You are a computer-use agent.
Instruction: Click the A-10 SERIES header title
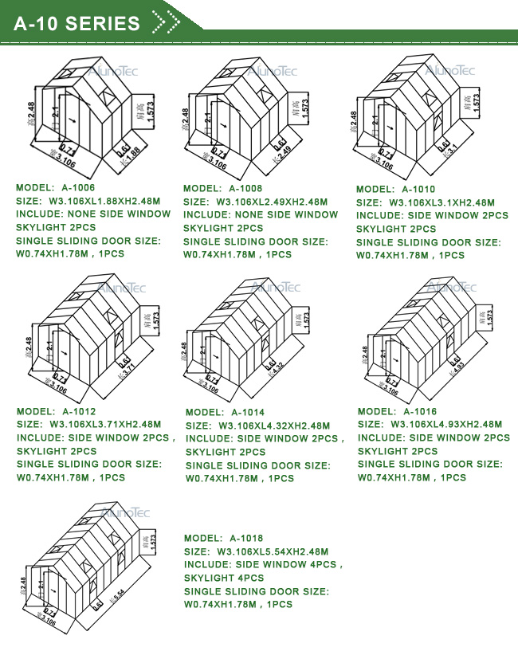77,24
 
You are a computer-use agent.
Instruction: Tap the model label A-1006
78,188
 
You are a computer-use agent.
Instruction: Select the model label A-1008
245,189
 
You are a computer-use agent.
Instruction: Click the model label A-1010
418,190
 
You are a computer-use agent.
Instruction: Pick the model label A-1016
420,412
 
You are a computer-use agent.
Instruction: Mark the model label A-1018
246,539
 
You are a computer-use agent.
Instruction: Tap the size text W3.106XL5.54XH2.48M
272,551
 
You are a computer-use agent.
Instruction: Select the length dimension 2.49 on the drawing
285,149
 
